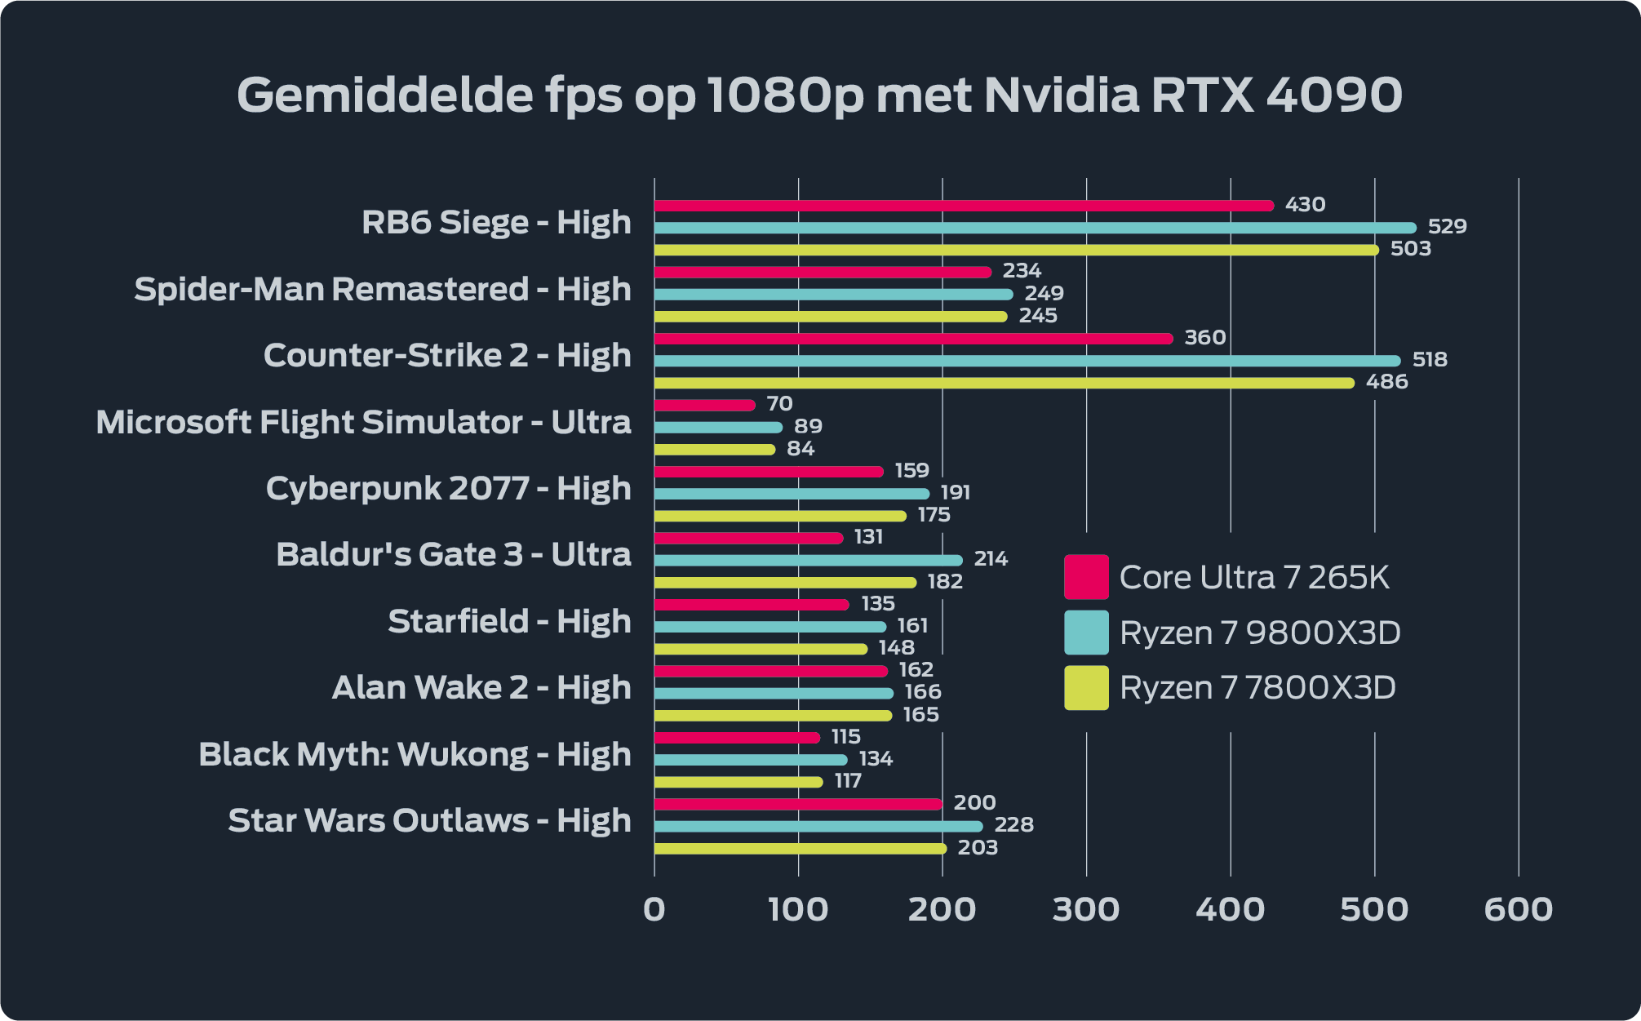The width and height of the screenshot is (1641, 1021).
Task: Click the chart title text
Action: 819,95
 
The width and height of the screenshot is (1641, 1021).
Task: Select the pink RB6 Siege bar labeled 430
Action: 963,206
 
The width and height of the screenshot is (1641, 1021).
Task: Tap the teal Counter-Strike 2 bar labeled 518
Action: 1027,361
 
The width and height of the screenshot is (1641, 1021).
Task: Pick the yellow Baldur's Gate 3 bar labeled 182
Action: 785,583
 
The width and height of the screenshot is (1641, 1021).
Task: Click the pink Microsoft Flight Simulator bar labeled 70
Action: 704,406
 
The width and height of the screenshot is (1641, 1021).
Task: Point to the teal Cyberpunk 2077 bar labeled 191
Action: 792,494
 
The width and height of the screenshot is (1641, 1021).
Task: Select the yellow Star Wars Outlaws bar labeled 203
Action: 800,849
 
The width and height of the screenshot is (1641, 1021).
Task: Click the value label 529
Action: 1447,226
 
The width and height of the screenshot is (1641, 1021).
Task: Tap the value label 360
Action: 1204,337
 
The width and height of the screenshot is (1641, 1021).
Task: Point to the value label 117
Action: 848,781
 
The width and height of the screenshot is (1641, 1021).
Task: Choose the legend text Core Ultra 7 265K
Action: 1253,577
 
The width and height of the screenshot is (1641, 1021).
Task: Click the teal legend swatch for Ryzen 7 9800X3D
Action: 1086,633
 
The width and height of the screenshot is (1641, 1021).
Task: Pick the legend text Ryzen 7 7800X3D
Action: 1257,688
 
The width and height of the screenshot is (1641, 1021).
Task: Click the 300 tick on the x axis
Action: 1085,909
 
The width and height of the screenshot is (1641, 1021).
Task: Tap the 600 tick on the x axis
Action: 1518,909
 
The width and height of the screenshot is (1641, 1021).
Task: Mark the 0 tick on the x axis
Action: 654,909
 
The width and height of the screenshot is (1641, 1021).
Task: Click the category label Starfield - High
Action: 509,621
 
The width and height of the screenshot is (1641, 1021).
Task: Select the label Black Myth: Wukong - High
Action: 415,754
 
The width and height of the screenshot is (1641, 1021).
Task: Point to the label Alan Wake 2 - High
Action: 481,687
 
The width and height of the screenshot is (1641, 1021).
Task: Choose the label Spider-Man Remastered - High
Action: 383,289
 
